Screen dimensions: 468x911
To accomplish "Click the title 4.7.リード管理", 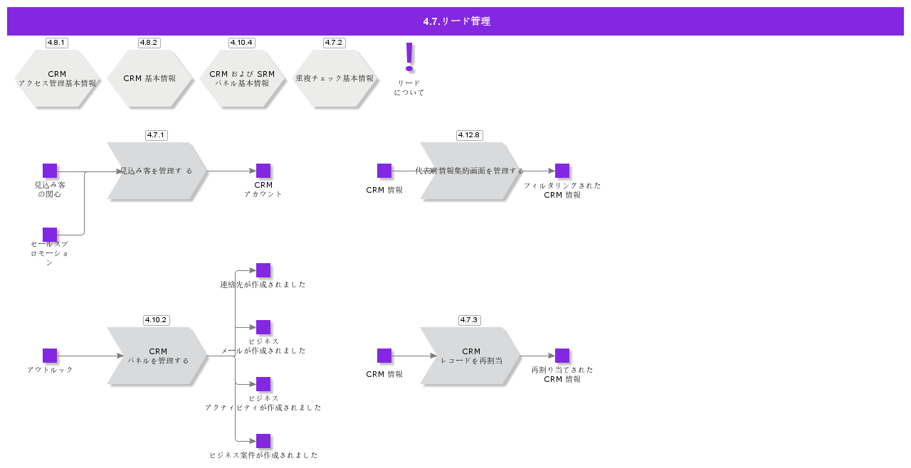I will click(455, 21).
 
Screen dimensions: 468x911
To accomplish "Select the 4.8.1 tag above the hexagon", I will click(57, 43).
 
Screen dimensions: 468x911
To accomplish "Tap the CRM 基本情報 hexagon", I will click(149, 78).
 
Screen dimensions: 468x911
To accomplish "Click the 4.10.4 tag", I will click(242, 43).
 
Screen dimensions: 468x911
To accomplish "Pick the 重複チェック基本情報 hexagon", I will click(335, 78).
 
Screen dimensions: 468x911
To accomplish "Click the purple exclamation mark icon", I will click(409, 57).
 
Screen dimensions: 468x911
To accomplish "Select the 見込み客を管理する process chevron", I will click(157, 171).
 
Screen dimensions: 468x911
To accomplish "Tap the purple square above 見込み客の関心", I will click(50, 171).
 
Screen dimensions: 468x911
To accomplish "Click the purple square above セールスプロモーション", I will click(50, 235).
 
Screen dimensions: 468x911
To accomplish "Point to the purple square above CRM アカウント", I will click(263, 171).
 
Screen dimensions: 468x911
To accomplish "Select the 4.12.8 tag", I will click(470, 135).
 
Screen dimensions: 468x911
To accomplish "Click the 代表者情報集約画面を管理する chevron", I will click(470, 171).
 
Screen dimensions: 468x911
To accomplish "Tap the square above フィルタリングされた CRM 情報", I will click(562, 171).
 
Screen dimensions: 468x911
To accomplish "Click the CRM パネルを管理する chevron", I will click(157, 356).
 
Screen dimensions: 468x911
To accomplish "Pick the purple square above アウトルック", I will click(50, 356).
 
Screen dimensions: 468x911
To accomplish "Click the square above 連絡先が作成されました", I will click(263, 270).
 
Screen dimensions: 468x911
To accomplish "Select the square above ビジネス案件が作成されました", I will click(263, 441).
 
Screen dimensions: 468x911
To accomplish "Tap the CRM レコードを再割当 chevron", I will click(470, 356).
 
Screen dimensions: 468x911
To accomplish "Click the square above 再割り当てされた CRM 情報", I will click(562, 356).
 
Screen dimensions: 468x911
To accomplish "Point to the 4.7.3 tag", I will click(470, 320).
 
